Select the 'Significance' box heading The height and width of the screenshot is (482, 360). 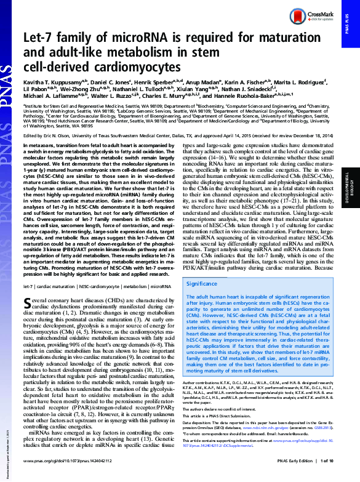pos(202,284)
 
